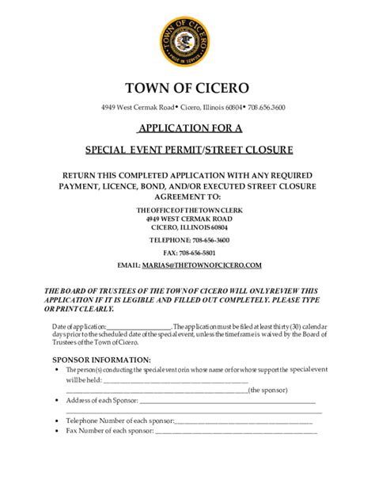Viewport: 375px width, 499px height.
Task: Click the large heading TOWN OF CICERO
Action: tap(187, 86)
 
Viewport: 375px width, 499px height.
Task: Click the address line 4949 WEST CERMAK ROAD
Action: tap(187, 218)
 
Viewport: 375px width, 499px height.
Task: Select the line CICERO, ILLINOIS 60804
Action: tap(187, 227)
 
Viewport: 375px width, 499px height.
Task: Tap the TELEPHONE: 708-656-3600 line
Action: tap(187, 239)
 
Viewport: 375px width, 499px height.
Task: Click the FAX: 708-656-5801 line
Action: tap(187, 252)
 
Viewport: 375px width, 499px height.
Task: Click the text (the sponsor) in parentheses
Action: tap(267, 390)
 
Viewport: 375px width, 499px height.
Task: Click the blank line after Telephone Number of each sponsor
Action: tap(245, 421)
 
